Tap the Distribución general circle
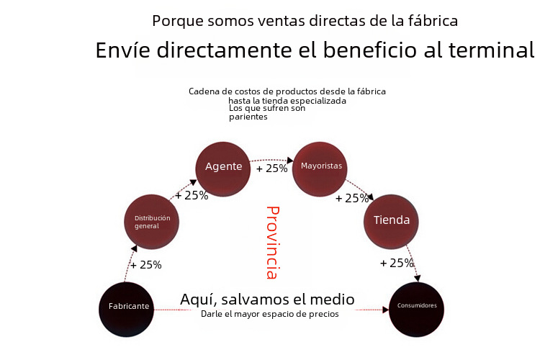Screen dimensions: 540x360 pyautogui.click(x=151, y=221)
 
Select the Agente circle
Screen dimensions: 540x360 pyautogui.click(x=223, y=167)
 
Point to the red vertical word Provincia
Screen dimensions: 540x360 pyautogui.click(x=271, y=243)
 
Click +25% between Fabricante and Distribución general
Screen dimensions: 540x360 pyautogui.click(x=146, y=265)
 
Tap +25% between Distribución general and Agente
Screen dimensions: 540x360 pyautogui.click(x=192, y=195)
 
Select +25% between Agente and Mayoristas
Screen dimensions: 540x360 pyautogui.click(x=271, y=169)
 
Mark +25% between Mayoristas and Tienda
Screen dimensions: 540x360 pyautogui.click(x=352, y=199)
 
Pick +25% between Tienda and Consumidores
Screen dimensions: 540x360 pyautogui.click(x=397, y=263)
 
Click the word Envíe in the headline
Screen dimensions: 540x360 pyautogui.click(x=120, y=51)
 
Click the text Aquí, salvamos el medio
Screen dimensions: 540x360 pyautogui.click(x=267, y=299)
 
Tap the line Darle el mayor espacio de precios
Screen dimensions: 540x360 pyautogui.click(x=269, y=314)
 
